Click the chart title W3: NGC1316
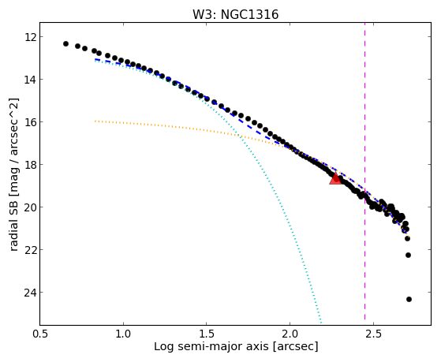(x=235, y=14)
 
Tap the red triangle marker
(x=335, y=178)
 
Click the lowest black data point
(x=409, y=299)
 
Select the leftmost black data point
(x=65, y=43)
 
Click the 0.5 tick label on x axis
(x=40, y=334)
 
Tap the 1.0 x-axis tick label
(x=123, y=334)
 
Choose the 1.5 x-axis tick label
(x=207, y=334)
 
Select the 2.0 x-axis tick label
(x=290, y=334)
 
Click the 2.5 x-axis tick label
(x=373, y=334)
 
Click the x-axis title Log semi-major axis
(x=211, y=346)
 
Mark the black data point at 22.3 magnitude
(x=408, y=255)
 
